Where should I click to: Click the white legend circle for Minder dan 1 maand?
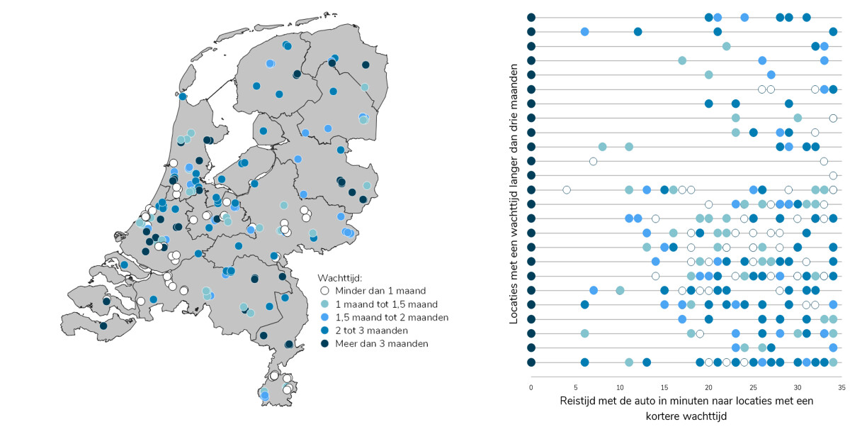pos(324,290)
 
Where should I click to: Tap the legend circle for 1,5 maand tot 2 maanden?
pos(324,317)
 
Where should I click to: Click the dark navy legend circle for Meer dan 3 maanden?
pos(324,343)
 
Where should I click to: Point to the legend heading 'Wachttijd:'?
pos(340,277)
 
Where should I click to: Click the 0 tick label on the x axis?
pos(531,388)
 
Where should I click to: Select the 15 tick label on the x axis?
pos(664,388)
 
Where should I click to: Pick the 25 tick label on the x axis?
pos(753,388)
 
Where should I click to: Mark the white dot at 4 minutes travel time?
pos(567,189)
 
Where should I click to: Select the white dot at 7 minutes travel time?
pos(593,161)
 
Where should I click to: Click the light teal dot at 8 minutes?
pos(602,147)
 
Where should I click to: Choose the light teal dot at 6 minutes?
pos(584,333)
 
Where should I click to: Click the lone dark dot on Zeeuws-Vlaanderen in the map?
pos(103,326)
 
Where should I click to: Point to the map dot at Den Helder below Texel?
pos(183,96)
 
